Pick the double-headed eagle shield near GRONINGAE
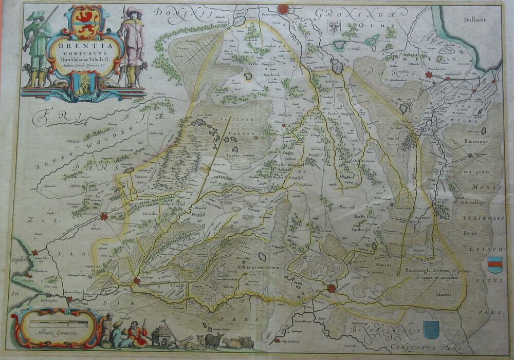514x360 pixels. click(334, 27)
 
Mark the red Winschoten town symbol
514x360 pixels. click(428, 75)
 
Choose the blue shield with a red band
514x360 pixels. click(494, 265)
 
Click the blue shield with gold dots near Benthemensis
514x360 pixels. click(431, 329)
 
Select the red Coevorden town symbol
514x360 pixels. click(332, 289)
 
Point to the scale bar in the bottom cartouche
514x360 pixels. click(58, 324)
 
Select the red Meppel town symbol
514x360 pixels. click(137, 280)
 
